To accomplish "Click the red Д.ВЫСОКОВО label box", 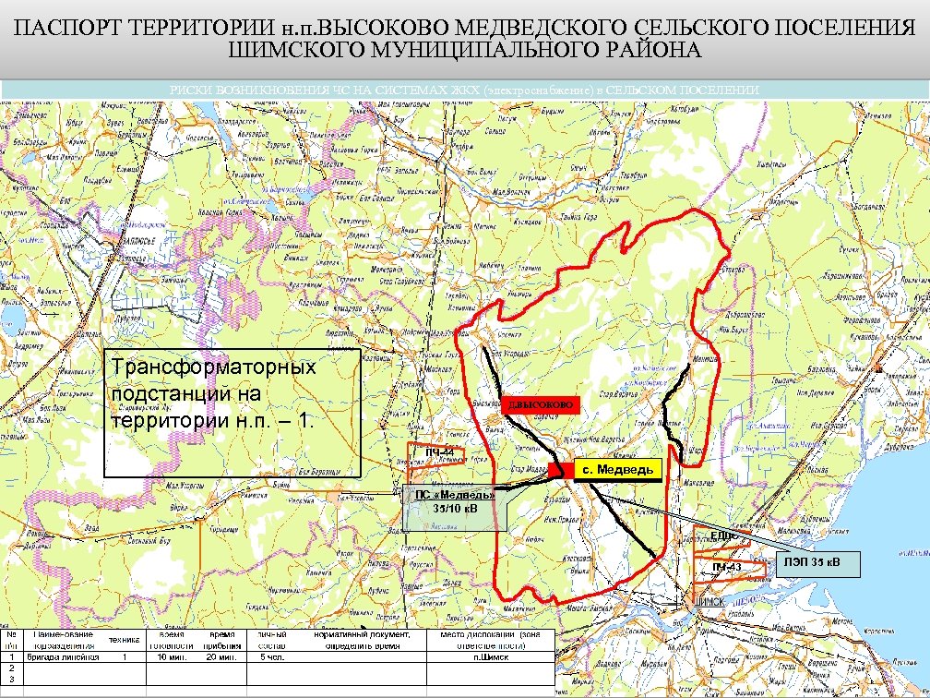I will [541, 405].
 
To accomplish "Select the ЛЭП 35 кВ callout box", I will [813, 562].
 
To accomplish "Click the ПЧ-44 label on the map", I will [439, 451].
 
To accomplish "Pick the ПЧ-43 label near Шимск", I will [727, 566].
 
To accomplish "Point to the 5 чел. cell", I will [274, 658].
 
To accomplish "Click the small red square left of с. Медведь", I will [555, 470].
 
